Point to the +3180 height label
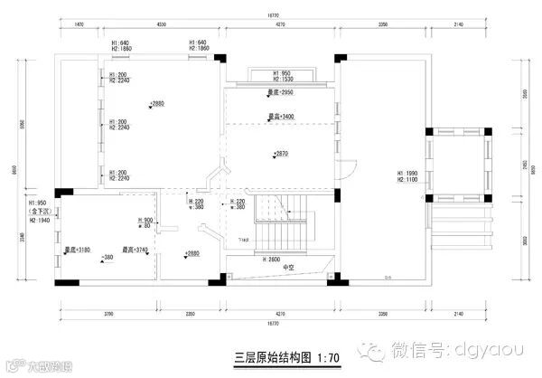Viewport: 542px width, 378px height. (x=77, y=250)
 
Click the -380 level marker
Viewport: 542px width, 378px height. (x=106, y=258)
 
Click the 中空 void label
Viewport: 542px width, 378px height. (x=288, y=269)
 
